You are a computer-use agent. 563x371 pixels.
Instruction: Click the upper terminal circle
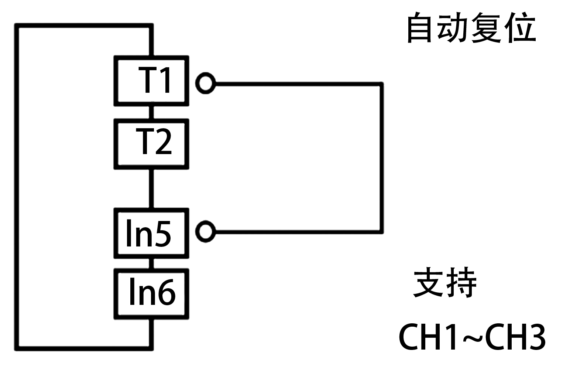pyautogui.click(x=205, y=83)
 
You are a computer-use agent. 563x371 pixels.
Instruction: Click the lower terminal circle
pyautogui.click(x=205, y=231)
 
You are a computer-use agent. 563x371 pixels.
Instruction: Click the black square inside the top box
pyautogui.click(x=154, y=80)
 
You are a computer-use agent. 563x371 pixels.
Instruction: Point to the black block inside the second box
pyautogui.click(x=157, y=142)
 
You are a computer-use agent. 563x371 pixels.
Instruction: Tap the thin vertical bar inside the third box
pyautogui.click(x=129, y=233)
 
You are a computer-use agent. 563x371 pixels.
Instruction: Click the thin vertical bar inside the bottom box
pyautogui.click(x=132, y=292)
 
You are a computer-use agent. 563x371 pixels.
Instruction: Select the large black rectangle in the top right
pyautogui.click(x=471, y=27)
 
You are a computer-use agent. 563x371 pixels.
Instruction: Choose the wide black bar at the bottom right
pyautogui.click(x=472, y=337)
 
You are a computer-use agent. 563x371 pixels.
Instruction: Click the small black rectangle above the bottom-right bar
pyautogui.click(x=444, y=282)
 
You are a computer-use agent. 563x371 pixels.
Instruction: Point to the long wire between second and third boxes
pyautogui.click(x=151, y=188)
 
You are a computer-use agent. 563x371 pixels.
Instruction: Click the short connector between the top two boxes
pyautogui.click(x=151, y=112)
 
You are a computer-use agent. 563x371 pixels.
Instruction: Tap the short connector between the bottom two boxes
pyautogui.click(x=151, y=263)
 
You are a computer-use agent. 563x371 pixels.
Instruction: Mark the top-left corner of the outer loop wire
pyautogui.click(x=17, y=25)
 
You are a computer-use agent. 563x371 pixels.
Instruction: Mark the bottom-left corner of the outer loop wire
pyautogui.click(x=17, y=348)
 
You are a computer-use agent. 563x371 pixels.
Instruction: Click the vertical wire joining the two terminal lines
pyautogui.click(x=381, y=158)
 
